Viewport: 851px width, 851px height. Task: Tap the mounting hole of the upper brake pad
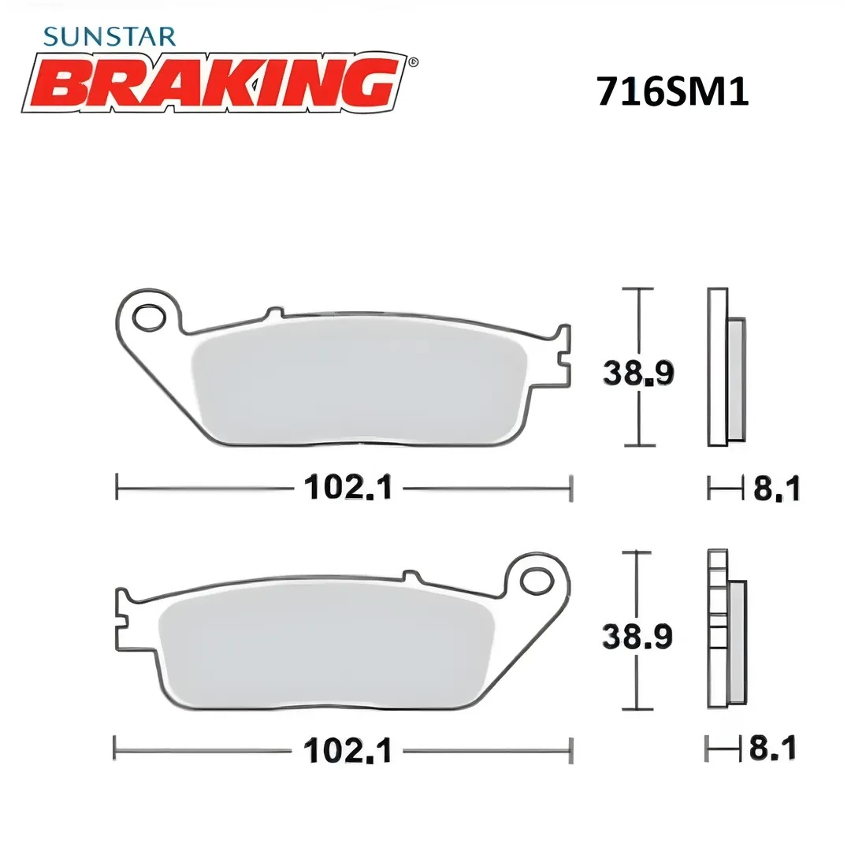click(146, 317)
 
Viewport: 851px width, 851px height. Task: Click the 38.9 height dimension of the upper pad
click(638, 373)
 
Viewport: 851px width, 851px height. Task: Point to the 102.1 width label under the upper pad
click(348, 489)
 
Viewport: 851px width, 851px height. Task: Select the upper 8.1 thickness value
click(776, 489)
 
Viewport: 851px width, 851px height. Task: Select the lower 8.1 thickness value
click(772, 749)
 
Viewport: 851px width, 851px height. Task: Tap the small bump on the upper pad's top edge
click(273, 312)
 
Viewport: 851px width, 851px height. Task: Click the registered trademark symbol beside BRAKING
click(414, 61)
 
